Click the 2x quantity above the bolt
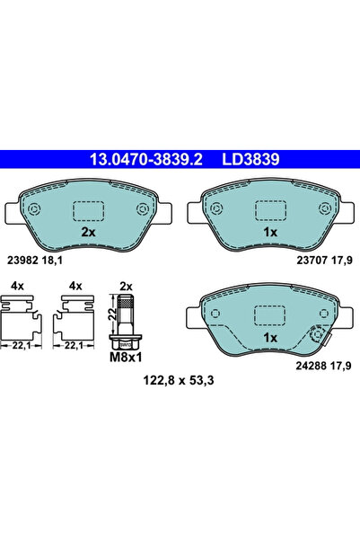(x=127, y=287)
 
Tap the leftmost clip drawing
(x=22, y=323)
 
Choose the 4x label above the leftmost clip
(x=17, y=287)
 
